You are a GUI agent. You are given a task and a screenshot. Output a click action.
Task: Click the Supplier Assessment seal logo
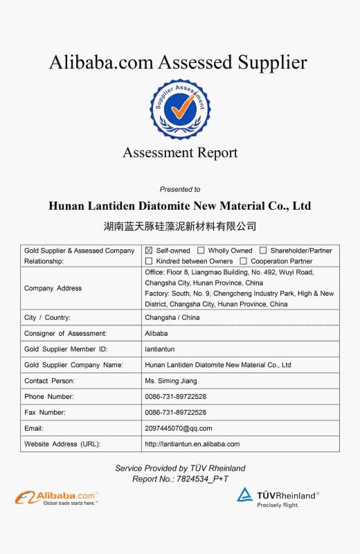179,109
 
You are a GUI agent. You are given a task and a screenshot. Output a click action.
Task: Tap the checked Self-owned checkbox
149,251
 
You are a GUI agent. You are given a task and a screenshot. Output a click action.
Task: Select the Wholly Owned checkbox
201,251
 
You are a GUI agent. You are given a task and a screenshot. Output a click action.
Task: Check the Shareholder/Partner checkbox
263,251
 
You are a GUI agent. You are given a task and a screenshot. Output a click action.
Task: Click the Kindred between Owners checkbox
149,261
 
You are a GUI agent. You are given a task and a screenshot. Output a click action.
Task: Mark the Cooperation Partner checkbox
244,261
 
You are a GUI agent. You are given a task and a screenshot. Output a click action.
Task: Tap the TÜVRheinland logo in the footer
278,497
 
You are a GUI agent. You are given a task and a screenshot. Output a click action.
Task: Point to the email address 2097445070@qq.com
179,428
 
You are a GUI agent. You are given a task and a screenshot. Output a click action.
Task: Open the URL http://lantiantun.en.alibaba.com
192,444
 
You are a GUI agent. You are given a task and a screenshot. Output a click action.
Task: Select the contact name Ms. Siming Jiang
171,381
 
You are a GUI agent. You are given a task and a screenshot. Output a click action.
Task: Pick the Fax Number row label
45,412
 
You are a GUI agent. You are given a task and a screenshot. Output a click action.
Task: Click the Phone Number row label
48,397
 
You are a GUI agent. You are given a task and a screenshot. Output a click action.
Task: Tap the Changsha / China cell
172,317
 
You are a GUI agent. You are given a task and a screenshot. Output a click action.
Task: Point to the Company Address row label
53,288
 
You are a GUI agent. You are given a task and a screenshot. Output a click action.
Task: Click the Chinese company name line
179,226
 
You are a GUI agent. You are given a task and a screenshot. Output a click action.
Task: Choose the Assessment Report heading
179,153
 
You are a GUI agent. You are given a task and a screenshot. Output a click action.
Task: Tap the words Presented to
179,189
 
